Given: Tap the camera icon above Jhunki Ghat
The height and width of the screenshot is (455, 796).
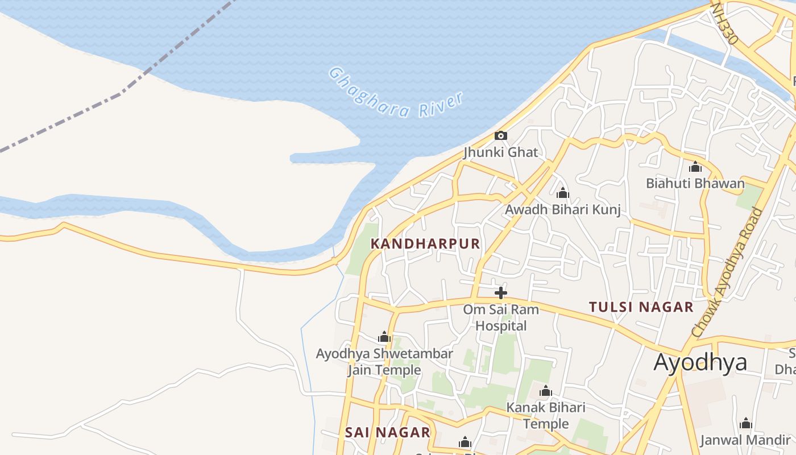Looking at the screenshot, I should coord(500,136).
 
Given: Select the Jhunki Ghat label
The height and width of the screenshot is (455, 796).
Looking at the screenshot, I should coord(500,152).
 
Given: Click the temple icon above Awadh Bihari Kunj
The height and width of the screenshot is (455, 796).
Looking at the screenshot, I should coord(562,193).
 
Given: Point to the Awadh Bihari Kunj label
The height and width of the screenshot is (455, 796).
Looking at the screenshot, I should coord(562,210).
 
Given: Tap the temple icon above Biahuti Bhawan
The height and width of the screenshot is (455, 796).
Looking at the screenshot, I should coord(695,167).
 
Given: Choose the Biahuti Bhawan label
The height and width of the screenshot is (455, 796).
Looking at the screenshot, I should coord(695,183).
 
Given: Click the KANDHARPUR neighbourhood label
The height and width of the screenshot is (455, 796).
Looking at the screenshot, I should coord(425,244).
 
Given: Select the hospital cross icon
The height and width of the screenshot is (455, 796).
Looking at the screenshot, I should coord(501,293).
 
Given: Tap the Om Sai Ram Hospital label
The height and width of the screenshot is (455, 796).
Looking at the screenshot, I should coord(501,318).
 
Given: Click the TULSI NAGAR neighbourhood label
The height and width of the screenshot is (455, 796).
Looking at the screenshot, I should coord(641,307).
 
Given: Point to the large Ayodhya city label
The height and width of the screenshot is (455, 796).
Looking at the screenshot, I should coord(700,362).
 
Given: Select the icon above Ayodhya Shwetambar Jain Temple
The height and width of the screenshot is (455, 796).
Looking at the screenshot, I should coord(384,337).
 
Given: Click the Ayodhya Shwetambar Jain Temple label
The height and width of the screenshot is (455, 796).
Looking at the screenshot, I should coord(384,362).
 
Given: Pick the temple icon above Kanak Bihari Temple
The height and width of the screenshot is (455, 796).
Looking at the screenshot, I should coord(546,391).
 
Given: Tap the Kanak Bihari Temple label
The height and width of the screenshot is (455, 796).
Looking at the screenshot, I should coord(546,415).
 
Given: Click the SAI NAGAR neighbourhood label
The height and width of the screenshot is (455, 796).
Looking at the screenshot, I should coord(387,432).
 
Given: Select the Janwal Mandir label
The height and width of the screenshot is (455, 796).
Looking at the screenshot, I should coord(745,440).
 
